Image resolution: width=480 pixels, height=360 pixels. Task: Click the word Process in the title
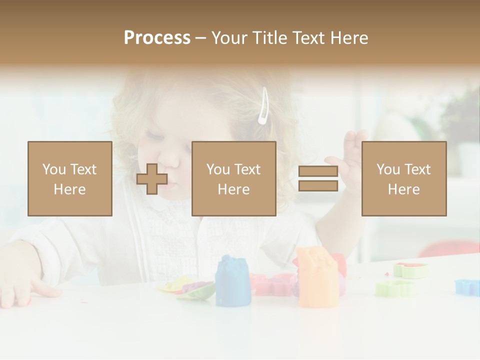157,38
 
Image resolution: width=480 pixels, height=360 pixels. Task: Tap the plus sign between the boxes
152,178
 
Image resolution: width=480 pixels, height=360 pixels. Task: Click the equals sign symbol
318,178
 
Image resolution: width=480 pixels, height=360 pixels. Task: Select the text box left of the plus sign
70,178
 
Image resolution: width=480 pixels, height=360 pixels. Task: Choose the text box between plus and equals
234,178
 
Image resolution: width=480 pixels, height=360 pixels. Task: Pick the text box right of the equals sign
404,178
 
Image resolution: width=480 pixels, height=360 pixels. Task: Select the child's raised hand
350,150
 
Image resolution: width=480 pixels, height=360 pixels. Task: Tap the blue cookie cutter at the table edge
467,287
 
